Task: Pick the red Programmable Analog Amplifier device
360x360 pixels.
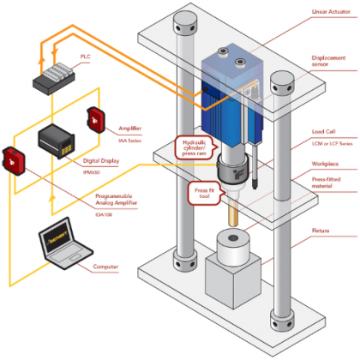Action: pyautogui.click(x=13, y=158)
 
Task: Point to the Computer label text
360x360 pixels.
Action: pyautogui.click(x=104, y=267)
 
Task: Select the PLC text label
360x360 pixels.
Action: pyautogui.click(x=85, y=56)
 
